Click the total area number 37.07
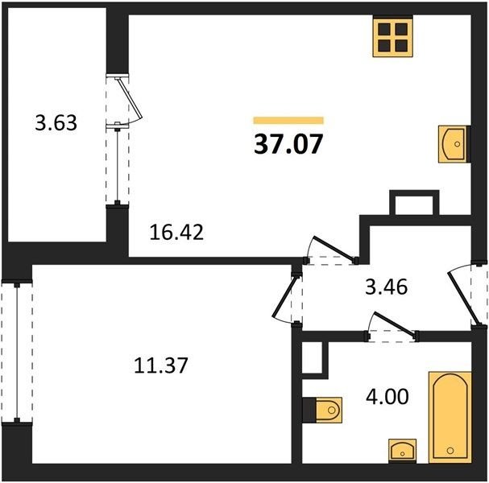288,144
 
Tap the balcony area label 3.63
56,123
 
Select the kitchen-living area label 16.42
176,232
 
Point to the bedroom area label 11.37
161,365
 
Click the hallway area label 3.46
387,287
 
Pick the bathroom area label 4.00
387,397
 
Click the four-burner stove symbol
393,37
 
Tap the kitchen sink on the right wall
454,144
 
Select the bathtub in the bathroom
450,417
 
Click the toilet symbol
326,410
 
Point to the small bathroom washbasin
402,451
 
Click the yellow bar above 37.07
288,120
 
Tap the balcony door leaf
130,98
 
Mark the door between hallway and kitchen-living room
334,248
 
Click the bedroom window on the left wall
17,352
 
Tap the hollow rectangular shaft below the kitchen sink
414,203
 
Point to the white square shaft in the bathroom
313,357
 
